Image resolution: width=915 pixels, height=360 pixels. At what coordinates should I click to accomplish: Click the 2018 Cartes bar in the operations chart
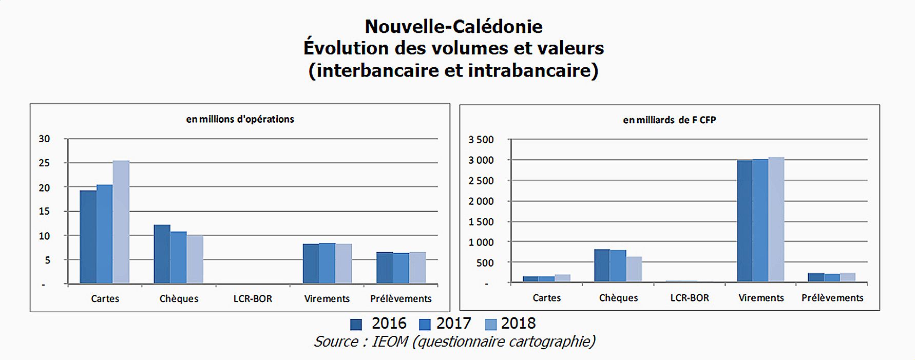click(121, 222)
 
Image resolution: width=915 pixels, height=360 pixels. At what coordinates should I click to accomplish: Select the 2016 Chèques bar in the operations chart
click(162, 254)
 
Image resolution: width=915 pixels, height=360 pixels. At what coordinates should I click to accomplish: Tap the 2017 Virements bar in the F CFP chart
click(760, 221)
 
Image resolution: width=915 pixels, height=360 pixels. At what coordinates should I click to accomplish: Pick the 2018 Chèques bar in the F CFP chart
click(634, 269)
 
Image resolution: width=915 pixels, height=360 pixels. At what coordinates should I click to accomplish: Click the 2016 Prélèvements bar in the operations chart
click(384, 268)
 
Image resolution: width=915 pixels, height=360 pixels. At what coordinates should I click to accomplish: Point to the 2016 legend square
click(356, 325)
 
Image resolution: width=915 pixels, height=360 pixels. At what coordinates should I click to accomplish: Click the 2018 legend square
click(490, 325)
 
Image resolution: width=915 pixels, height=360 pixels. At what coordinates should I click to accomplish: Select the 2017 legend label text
click(453, 324)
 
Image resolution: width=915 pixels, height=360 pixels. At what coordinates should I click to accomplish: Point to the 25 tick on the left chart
click(45, 163)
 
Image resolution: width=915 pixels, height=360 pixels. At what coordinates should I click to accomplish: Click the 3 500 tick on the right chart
click(481, 140)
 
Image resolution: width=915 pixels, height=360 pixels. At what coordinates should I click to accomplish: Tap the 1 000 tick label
click(481, 242)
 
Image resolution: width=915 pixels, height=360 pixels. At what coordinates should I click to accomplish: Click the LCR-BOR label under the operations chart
click(253, 298)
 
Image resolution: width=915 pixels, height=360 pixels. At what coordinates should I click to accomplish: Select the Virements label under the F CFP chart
click(761, 298)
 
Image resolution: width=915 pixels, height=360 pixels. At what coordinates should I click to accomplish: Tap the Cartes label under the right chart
click(546, 298)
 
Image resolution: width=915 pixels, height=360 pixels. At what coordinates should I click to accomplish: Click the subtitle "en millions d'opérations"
click(240, 119)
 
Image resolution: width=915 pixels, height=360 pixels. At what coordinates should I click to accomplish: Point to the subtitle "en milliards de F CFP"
click(669, 120)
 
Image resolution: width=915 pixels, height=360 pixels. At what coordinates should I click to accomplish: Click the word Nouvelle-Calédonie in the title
click(453, 26)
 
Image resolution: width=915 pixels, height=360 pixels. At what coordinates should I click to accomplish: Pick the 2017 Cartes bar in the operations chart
click(105, 234)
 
